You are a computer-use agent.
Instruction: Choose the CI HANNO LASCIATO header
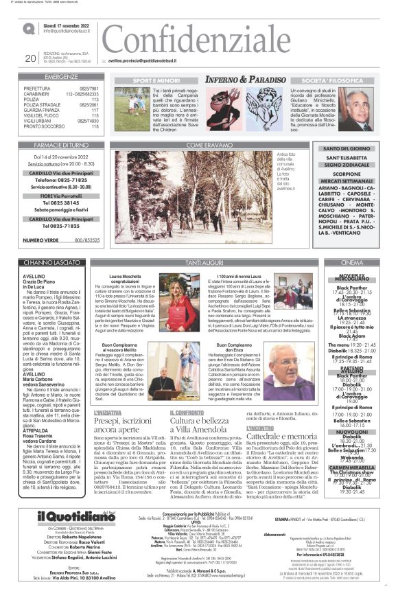click(51, 262)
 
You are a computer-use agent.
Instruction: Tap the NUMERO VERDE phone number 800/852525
click(85, 240)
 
